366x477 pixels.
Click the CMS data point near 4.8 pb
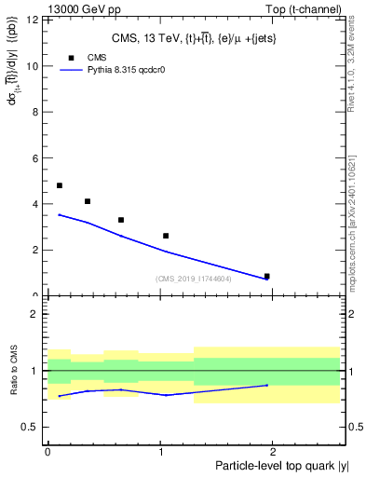tap(60, 185)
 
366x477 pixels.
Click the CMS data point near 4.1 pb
tap(88, 201)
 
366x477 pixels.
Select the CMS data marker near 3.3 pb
tap(121, 220)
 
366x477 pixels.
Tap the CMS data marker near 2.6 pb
tap(166, 236)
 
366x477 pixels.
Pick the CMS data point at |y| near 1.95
tap(267, 276)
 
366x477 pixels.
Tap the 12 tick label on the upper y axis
tap(33, 20)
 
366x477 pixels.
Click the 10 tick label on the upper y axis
tap(33, 66)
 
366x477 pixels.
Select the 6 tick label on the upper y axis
tap(35, 158)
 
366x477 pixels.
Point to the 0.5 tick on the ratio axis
tap(30, 428)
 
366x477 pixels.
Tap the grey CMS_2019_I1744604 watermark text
tap(193, 279)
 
